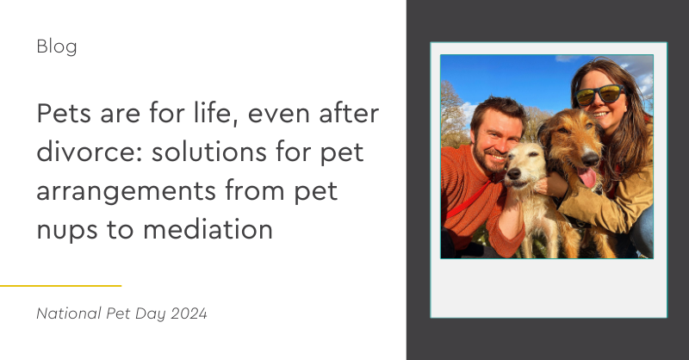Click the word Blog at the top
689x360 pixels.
(57, 47)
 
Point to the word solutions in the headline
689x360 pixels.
(235, 152)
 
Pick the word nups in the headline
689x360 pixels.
(67, 229)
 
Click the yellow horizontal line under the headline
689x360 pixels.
(60, 285)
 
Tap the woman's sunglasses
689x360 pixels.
(599, 94)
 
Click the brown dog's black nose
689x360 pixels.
(590, 159)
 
